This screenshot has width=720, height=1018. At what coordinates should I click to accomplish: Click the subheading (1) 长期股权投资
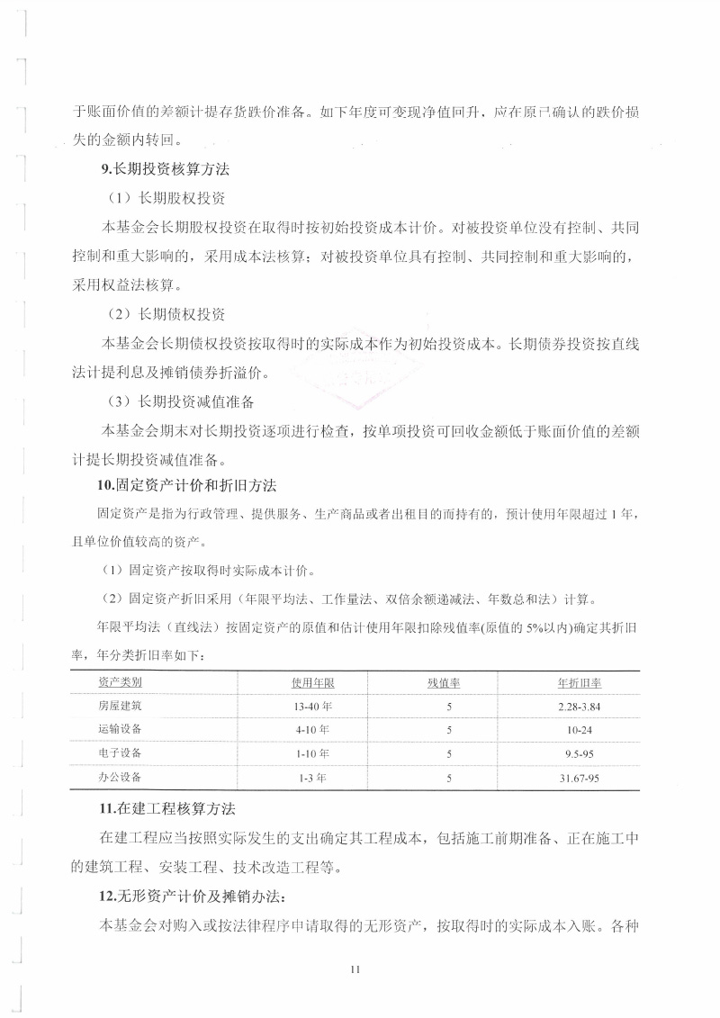166,197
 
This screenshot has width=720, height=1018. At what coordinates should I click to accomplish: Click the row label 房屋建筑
119,706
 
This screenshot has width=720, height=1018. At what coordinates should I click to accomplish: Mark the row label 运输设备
119,729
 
